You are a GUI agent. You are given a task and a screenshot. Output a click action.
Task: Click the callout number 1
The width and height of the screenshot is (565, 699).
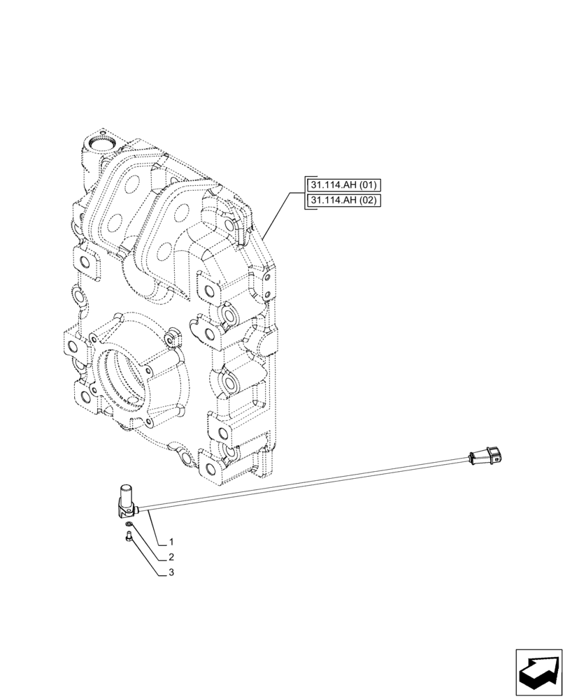pyautogui.click(x=171, y=542)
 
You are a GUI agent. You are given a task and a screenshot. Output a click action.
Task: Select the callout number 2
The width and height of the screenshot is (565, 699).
pyautogui.click(x=171, y=558)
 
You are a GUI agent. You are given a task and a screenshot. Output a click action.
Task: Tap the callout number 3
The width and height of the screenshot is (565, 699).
pyautogui.click(x=171, y=572)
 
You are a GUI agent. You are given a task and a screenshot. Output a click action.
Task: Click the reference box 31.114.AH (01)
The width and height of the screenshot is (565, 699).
pyautogui.click(x=342, y=185)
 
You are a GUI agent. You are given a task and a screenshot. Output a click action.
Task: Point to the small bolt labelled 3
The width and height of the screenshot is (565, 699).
pyautogui.click(x=128, y=537)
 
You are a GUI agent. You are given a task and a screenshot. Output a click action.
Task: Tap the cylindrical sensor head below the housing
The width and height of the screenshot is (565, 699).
pyautogui.click(x=127, y=496)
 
